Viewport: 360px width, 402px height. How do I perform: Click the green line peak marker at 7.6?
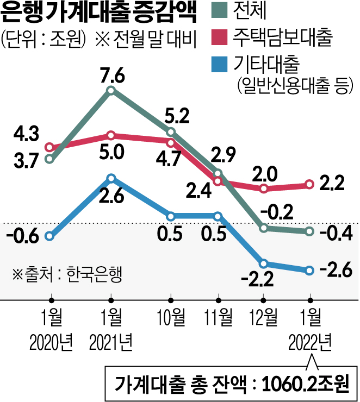pyautogui.click(x=111, y=91)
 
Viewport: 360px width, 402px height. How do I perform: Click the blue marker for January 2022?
pyautogui.click(x=309, y=270)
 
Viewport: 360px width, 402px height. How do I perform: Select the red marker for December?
pyautogui.click(x=264, y=189)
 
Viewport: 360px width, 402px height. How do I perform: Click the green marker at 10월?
pyautogui.click(x=171, y=132)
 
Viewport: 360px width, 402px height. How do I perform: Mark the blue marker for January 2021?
pyautogui.click(x=111, y=178)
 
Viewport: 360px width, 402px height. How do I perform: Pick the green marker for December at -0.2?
pyautogui.click(x=264, y=228)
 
